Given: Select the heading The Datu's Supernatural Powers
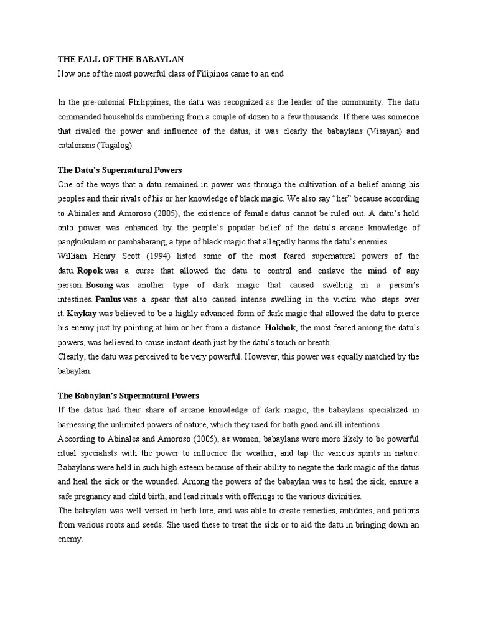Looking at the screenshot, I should click(x=119, y=169).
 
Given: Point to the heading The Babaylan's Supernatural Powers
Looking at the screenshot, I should click(x=128, y=395).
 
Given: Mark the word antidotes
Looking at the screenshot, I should click(x=345, y=511).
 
